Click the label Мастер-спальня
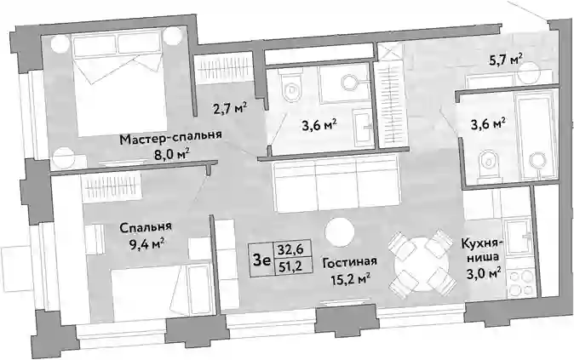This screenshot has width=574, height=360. click(171, 140)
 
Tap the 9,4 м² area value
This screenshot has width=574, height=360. click(146, 243)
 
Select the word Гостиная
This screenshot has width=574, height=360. click(350, 262)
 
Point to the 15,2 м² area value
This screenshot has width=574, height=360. click(350, 279)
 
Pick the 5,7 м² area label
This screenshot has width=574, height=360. click(506, 59)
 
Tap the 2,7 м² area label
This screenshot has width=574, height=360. click(230, 109)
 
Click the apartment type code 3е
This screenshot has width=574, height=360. click(261, 260)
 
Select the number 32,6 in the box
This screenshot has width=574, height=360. click(290, 249)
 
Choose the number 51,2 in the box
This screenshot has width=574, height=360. click(290, 266)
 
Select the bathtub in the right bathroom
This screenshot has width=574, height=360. click(534, 135)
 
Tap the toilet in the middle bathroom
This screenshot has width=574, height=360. click(291, 88)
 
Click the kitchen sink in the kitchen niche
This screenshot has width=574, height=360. click(518, 237)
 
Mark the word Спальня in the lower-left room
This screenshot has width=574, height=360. click(146, 227)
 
